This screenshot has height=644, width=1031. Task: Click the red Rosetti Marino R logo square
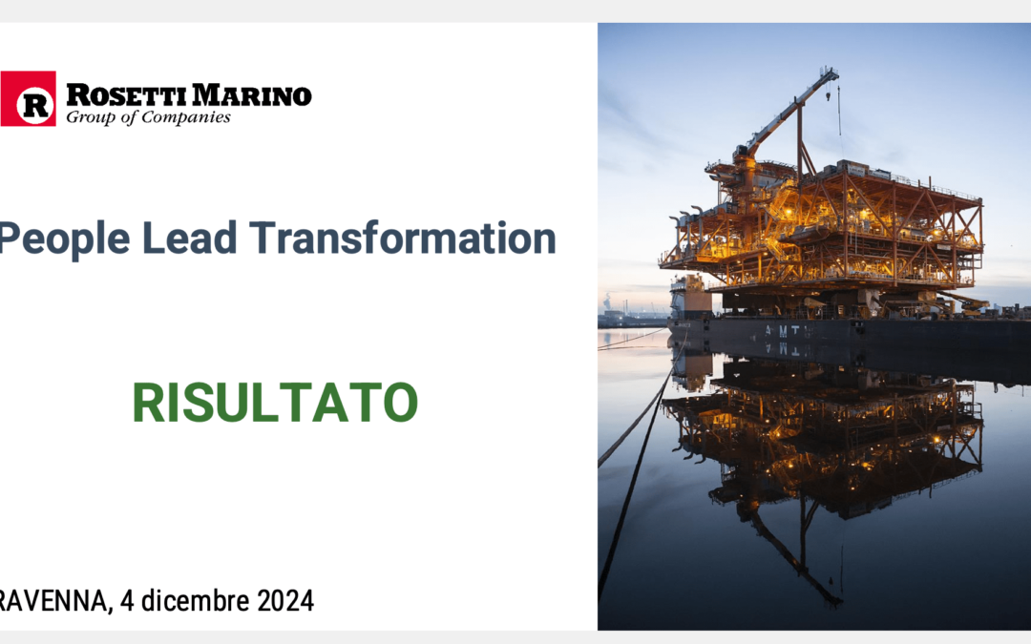click(28, 98)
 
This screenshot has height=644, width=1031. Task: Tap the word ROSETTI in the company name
click(126, 95)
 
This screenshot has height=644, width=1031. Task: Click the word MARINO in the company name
click(252, 95)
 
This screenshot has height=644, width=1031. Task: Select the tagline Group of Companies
click(149, 117)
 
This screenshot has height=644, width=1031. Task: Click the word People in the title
click(64, 238)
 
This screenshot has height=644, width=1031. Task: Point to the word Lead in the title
click(189, 238)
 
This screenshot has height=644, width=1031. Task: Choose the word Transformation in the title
click(403, 238)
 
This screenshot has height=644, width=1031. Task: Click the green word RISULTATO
click(276, 403)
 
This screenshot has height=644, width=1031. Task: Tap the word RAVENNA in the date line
click(53, 601)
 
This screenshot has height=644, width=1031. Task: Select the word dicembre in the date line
click(196, 601)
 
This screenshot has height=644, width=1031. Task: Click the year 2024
click(285, 601)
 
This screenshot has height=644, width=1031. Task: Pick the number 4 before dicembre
click(127, 601)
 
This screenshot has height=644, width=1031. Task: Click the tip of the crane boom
click(833, 71)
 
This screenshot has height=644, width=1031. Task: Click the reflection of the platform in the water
click(823, 447)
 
